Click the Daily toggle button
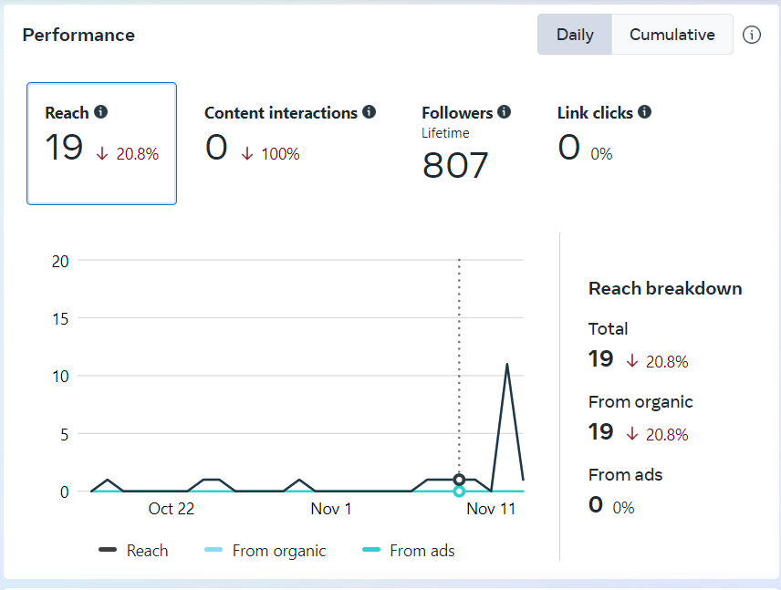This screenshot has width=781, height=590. tap(575, 35)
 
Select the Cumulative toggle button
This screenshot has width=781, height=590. tap(672, 35)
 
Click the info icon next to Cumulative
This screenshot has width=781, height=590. tap(752, 35)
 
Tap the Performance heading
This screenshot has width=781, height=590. tap(78, 35)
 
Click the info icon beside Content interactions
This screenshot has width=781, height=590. tap(369, 112)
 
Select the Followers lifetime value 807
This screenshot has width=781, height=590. tap(455, 165)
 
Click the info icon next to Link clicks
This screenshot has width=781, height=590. tap(644, 112)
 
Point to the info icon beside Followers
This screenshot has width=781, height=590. tap(505, 112)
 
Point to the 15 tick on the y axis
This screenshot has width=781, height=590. tap(60, 318)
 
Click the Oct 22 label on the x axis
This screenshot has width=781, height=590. tap(172, 509)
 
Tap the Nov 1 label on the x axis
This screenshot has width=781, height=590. tap(331, 509)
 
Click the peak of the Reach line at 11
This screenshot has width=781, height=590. tap(506, 364)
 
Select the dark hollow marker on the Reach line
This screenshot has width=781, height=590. tap(459, 480)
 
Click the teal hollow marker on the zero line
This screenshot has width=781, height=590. tap(459, 492)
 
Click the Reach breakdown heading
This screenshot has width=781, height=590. tap(665, 288)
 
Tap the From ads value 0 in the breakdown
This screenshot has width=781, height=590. tap(596, 504)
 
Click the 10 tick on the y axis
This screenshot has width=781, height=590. tap(60, 376)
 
